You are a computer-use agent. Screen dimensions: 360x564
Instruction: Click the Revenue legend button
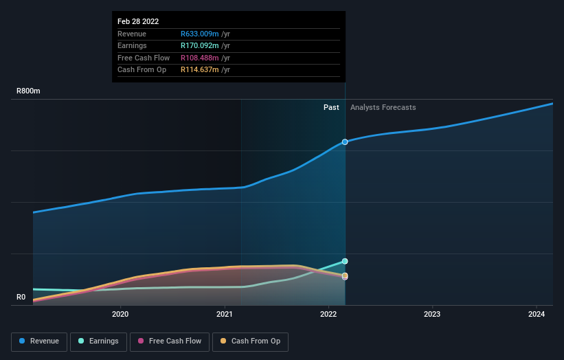(x=39, y=341)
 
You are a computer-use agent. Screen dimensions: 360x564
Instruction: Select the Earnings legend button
(x=98, y=341)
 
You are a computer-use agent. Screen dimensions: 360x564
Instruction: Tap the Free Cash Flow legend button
(x=169, y=341)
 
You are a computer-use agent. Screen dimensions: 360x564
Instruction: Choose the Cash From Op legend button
(x=250, y=341)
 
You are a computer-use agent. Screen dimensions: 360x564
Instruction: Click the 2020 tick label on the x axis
(x=120, y=315)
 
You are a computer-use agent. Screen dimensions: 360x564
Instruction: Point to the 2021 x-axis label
(x=224, y=315)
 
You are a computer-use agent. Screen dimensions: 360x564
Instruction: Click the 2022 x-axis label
(x=328, y=315)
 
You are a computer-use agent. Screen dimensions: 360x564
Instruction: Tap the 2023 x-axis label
(x=432, y=315)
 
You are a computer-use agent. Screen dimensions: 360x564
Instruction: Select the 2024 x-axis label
(x=537, y=315)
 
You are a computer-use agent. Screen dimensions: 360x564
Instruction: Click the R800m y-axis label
(x=29, y=91)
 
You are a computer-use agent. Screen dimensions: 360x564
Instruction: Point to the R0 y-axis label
(x=21, y=297)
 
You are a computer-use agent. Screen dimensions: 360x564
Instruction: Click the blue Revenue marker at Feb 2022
(x=345, y=142)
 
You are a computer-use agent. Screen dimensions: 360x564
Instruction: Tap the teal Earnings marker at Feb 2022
(x=345, y=262)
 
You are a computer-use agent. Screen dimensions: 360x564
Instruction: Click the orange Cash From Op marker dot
(x=345, y=275)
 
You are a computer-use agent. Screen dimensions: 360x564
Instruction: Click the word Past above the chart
(x=331, y=107)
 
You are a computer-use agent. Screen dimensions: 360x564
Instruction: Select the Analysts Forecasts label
(x=383, y=107)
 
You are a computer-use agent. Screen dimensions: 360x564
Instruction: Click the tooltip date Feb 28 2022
(x=138, y=21)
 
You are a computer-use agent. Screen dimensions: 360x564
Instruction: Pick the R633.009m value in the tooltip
(x=200, y=34)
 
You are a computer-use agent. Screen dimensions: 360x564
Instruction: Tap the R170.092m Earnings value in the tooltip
(x=200, y=46)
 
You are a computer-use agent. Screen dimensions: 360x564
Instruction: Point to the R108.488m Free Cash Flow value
(x=200, y=58)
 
